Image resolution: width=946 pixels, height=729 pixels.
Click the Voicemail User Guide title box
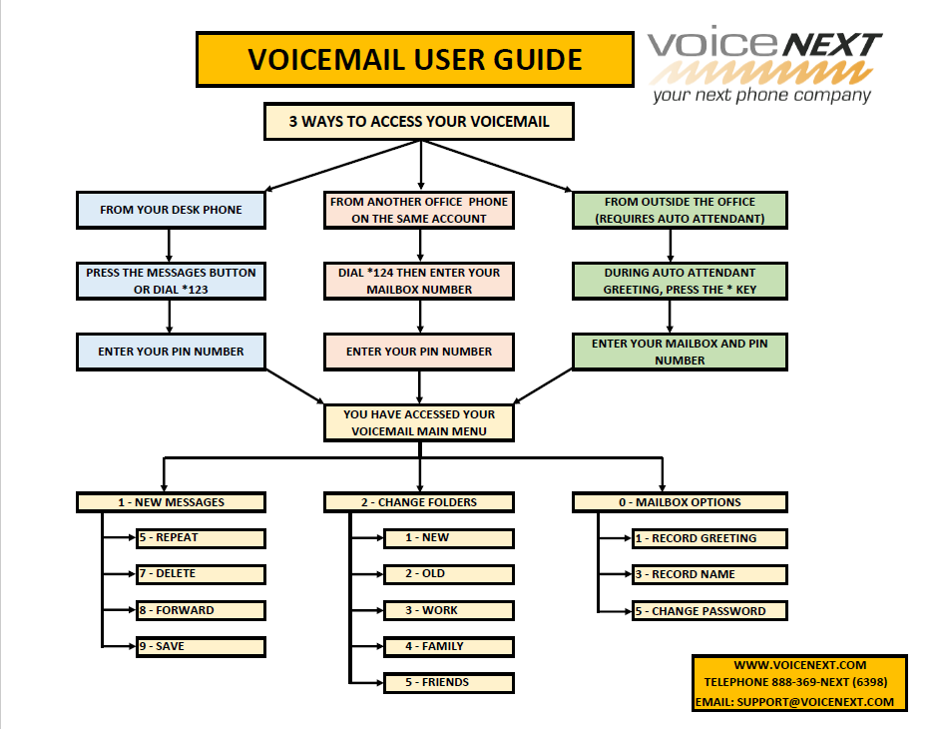[x=414, y=59]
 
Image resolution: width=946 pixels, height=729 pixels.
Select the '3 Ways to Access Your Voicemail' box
[x=419, y=122]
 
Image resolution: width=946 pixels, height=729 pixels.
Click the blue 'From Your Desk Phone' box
[x=171, y=210]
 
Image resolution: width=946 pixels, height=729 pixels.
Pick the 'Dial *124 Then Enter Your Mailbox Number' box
[x=419, y=281]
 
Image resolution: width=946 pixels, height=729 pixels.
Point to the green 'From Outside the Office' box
[x=680, y=210]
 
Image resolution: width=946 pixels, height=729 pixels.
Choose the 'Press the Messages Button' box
[x=171, y=281]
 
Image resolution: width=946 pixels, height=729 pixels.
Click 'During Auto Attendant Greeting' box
[x=680, y=281]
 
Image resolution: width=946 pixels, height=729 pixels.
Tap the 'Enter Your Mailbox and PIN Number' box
[x=680, y=352]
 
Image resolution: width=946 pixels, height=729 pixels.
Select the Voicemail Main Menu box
[x=419, y=422]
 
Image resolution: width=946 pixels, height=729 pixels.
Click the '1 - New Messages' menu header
[x=171, y=502]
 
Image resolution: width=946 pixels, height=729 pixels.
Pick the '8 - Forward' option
[x=200, y=610]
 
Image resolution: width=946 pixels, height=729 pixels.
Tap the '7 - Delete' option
[x=200, y=574]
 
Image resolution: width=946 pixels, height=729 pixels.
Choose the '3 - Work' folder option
[x=448, y=610]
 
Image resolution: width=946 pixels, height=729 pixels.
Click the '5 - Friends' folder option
[x=448, y=683]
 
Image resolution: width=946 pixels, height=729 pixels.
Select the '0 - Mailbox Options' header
[x=680, y=502]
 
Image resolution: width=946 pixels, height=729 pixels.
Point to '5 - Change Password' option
[x=709, y=611]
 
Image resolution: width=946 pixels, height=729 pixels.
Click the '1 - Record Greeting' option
[x=709, y=538]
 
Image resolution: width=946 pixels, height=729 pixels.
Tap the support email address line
[x=799, y=702]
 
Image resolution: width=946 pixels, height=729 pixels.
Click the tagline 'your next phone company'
[x=761, y=96]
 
